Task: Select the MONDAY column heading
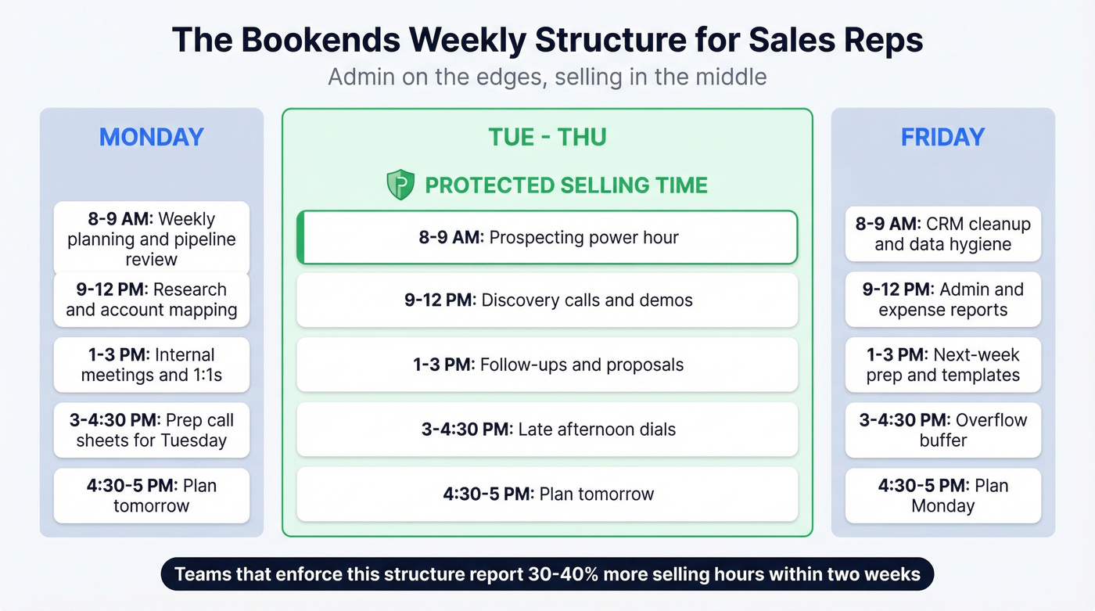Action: tap(151, 137)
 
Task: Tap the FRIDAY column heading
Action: tap(942, 137)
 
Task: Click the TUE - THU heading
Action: tap(547, 137)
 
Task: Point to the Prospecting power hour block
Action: tap(547, 237)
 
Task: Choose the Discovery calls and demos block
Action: tap(547, 300)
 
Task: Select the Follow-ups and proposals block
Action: tap(547, 365)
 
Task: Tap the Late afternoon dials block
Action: tap(547, 429)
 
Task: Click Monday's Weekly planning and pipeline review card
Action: tap(151, 237)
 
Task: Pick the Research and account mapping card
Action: tap(151, 300)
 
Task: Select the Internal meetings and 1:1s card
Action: tap(151, 365)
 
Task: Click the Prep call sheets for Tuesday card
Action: tap(151, 429)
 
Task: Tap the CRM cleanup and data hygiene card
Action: tap(942, 234)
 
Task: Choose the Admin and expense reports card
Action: tap(942, 300)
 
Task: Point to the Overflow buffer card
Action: tap(942, 429)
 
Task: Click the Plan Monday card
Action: tap(942, 495)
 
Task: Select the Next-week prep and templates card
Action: tap(942, 365)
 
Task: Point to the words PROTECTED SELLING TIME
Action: tap(565, 185)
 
